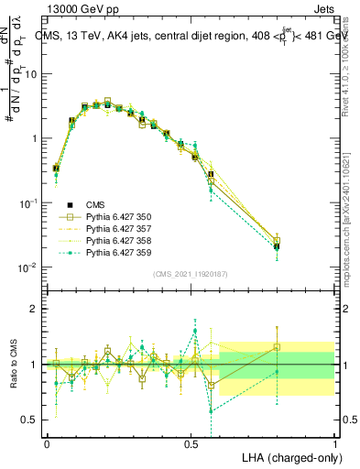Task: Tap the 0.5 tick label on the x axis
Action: (191, 443)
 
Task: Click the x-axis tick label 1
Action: (335, 443)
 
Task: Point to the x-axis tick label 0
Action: (47, 443)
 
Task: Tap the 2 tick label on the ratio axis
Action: (37, 310)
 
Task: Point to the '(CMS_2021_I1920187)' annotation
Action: (191, 273)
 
